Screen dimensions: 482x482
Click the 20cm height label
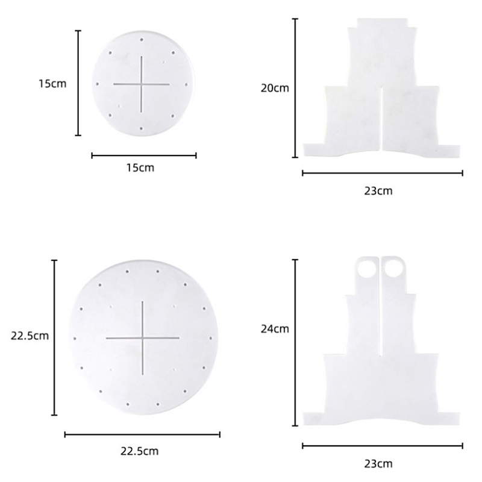tap(275, 88)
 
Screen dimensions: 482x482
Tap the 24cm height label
tap(275, 329)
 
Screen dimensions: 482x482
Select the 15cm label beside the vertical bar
tap(52, 84)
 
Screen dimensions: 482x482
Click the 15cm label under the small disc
tap(140, 168)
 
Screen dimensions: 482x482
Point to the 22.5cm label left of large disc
tap(30, 336)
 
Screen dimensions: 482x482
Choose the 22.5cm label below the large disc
tap(140, 451)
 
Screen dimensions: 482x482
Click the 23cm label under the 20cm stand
tap(378, 191)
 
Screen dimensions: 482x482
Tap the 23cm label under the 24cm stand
tap(378, 463)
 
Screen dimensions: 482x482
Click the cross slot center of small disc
tap(142, 84)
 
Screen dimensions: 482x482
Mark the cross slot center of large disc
tap(143, 338)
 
